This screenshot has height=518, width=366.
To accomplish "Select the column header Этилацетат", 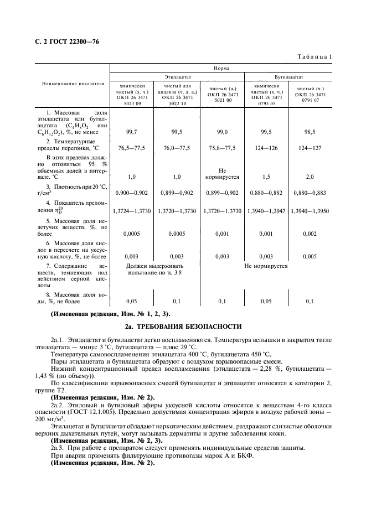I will coord(177,77).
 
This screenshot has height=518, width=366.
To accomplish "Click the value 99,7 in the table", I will coord(132,132).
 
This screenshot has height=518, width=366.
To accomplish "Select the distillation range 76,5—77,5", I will coord(132,148).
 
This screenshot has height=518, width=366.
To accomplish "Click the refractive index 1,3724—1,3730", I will coord(132,211).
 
